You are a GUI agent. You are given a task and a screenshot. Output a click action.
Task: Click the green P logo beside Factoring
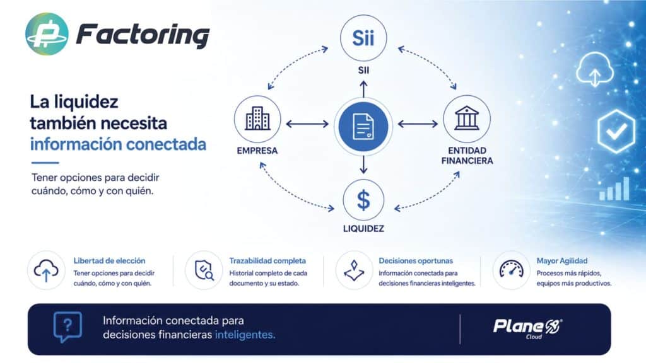pyautogui.click(x=47, y=34)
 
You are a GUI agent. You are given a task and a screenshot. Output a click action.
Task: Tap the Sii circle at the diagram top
pyautogui.click(x=363, y=38)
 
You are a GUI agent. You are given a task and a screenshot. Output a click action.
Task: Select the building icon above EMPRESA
pyautogui.click(x=257, y=119)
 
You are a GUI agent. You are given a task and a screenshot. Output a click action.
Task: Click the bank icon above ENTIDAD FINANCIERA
pyautogui.click(x=467, y=118)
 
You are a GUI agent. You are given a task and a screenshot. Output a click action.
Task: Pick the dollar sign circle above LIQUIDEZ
pyautogui.click(x=363, y=200)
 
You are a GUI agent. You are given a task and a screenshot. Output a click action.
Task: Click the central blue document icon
pyautogui.click(x=363, y=126)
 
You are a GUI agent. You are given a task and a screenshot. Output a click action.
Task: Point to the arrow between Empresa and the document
pyautogui.click(x=307, y=124)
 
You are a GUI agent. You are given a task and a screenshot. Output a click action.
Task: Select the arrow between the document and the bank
pyautogui.click(x=418, y=124)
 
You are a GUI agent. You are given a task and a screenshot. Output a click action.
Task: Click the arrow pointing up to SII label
pyautogui.click(x=363, y=88)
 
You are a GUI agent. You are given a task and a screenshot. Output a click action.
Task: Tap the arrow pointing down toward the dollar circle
pyautogui.click(x=363, y=164)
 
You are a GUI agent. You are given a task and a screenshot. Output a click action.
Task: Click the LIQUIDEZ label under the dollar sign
pyautogui.click(x=363, y=228)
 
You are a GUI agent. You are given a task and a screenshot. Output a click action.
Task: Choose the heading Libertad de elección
pyautogui.click(x=109, y=261)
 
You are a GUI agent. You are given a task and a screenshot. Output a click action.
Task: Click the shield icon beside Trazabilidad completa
pyautogui.click(x=204, y=270)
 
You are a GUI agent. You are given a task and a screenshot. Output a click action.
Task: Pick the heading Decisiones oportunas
pyautogui.click(x=416, y=261)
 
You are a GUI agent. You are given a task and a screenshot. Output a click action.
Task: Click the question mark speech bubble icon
pyautogui.click(x=68, y=327)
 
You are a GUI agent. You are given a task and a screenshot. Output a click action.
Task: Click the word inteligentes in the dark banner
pyautogui.click(x=245, y=335)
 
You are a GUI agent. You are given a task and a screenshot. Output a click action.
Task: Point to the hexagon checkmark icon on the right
pyautogui.click(x=616, y=131)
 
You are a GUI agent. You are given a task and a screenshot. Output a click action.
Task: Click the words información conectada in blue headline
pyautogui.click(x=118, y=144)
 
